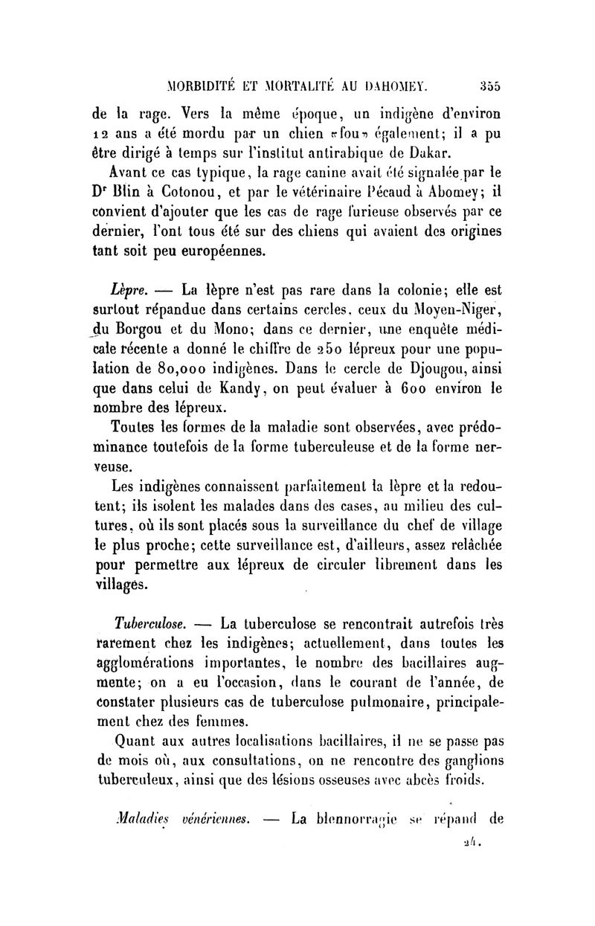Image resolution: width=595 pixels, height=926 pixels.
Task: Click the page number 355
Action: [489, 84]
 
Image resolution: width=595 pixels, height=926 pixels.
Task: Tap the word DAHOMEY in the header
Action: [391, 84]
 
